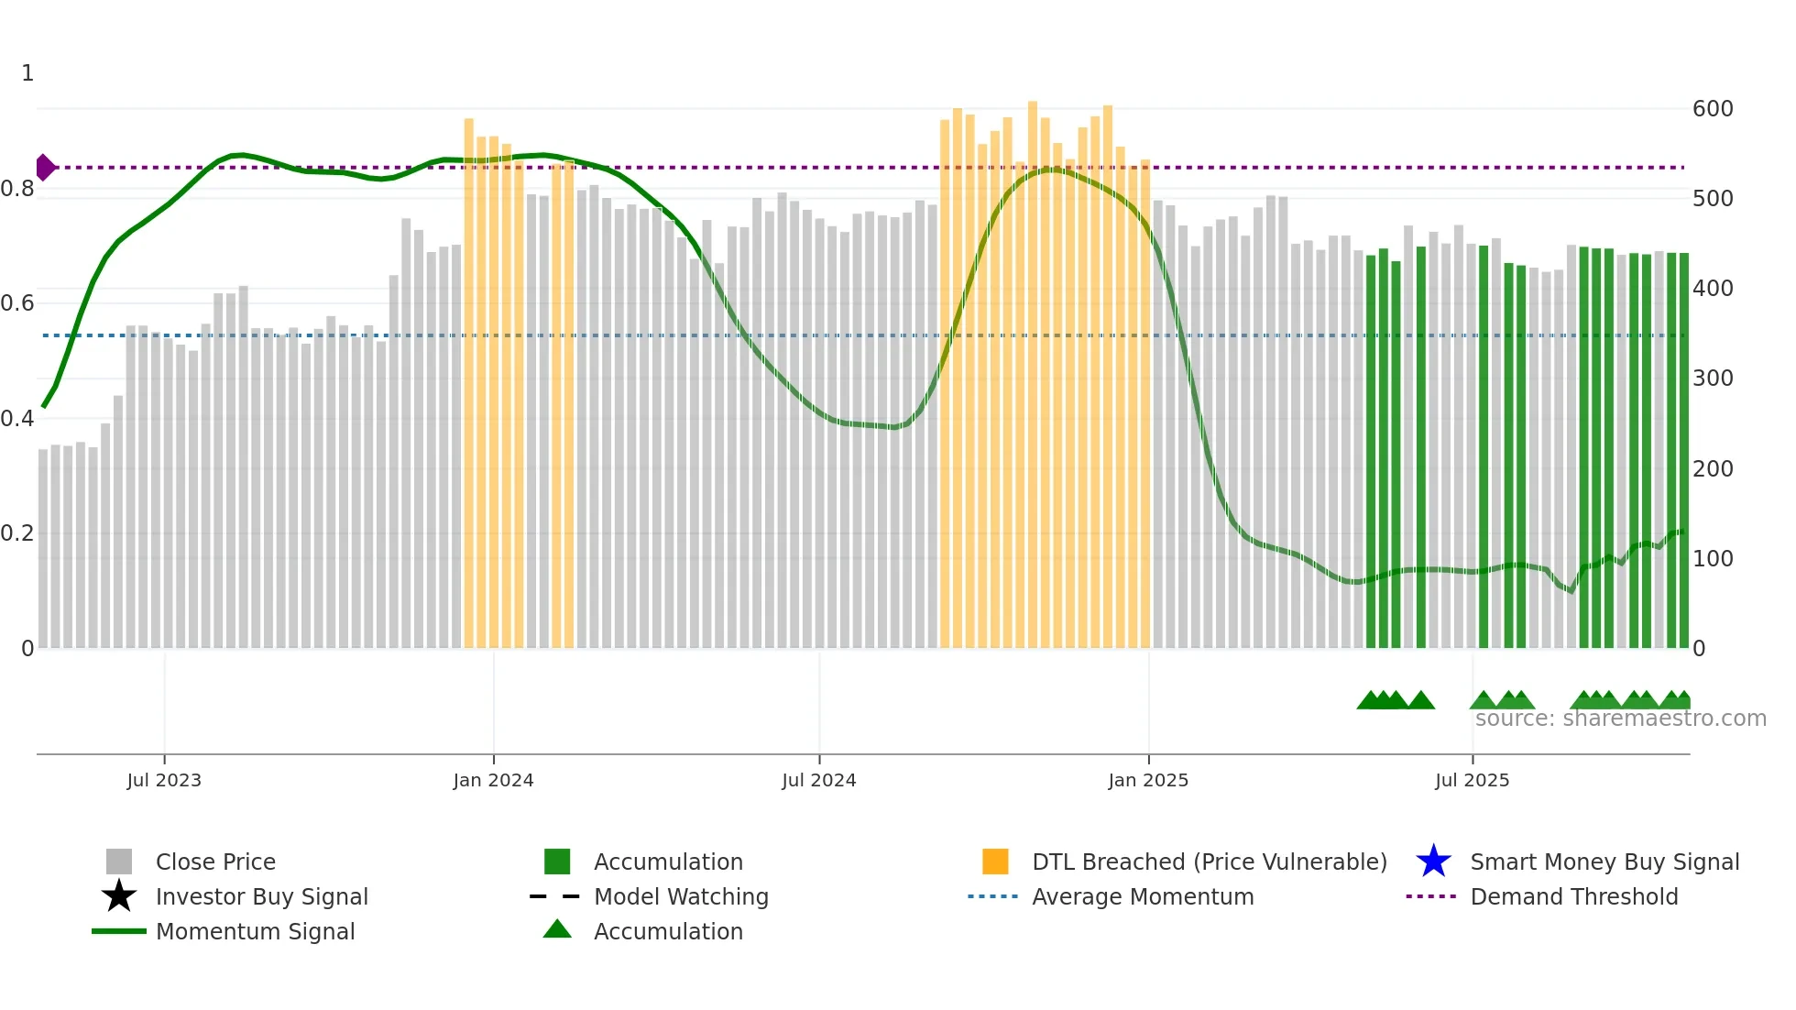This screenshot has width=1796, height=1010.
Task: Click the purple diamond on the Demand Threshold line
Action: (x=44, y=168)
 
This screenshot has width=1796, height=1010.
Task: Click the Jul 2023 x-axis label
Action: (x=164, y=780)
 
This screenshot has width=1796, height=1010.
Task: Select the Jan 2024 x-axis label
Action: (x=493, y=780)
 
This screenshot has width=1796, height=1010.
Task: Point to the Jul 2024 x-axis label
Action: (x=818, y=780)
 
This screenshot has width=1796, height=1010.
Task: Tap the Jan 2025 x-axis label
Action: (x=1148, y=780)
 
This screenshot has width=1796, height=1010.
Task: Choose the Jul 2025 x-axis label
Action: (x=1472, y=780)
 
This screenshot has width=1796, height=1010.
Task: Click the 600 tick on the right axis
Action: (x=1713, y=109)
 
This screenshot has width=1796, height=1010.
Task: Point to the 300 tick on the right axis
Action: (x=1713, y=379)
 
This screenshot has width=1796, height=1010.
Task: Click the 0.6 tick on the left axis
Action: (x=17, y=303)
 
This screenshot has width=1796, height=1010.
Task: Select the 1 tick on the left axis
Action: (x=27, y=73)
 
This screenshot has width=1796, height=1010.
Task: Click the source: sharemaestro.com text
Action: (x=1620, y=719)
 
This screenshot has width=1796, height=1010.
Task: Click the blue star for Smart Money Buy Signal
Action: (x=1433, y=862)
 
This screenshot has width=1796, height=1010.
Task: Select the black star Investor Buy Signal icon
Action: (x=119, y=896)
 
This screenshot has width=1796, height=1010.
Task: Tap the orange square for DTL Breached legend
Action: (x=995, y=862)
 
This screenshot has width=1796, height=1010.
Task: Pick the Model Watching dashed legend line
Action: (x=555, y=896)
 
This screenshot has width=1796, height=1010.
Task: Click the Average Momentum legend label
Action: (x=1143, y=896)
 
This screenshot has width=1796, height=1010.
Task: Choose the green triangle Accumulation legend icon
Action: (x=557, y=929)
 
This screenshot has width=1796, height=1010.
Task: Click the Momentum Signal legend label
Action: (x=255, y=931)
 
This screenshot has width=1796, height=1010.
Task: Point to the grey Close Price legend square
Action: (x=119, y=862)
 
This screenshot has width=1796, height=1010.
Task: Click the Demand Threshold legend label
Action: (x=1573, y=896)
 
